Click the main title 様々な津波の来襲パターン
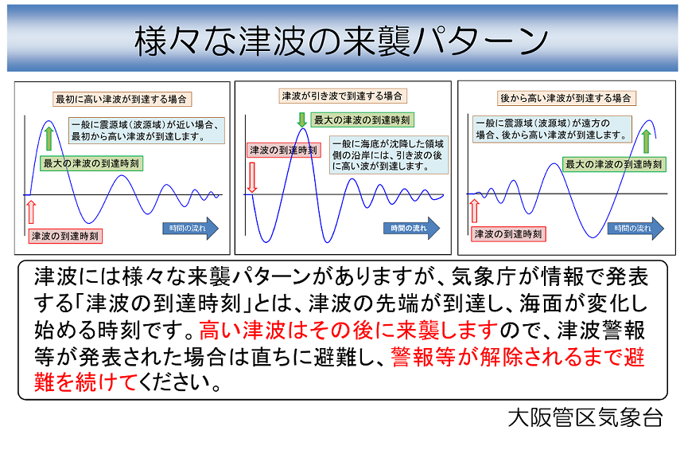(x=341, y=41)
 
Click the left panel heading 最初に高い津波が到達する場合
(x=122, y=100)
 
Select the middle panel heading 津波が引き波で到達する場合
(x=343, y=96)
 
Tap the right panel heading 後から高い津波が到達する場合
(x=566, y=98)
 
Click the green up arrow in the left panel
(x=49, y=139)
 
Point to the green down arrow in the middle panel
(x=302, y=119)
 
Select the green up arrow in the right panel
(x=647, y=141)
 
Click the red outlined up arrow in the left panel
(x=31, y=212)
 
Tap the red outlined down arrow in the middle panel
(x=251, y=178)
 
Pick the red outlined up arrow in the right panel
(x=475, y=210)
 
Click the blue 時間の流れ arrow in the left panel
(x=191, y=228)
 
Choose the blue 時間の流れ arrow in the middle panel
(x=412, y=228)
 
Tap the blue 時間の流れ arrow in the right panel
(x=635, y=228)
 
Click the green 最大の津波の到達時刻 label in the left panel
(x=91, y=163)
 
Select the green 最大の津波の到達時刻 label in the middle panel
(x=362, y=120)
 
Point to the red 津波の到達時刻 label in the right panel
(x=508, y=234)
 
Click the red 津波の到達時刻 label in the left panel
(x=65, y=237)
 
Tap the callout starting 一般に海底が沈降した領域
(x=389, y=155)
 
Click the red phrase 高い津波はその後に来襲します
(x=348, y=331)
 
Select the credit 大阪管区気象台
(x=585, y=418)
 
